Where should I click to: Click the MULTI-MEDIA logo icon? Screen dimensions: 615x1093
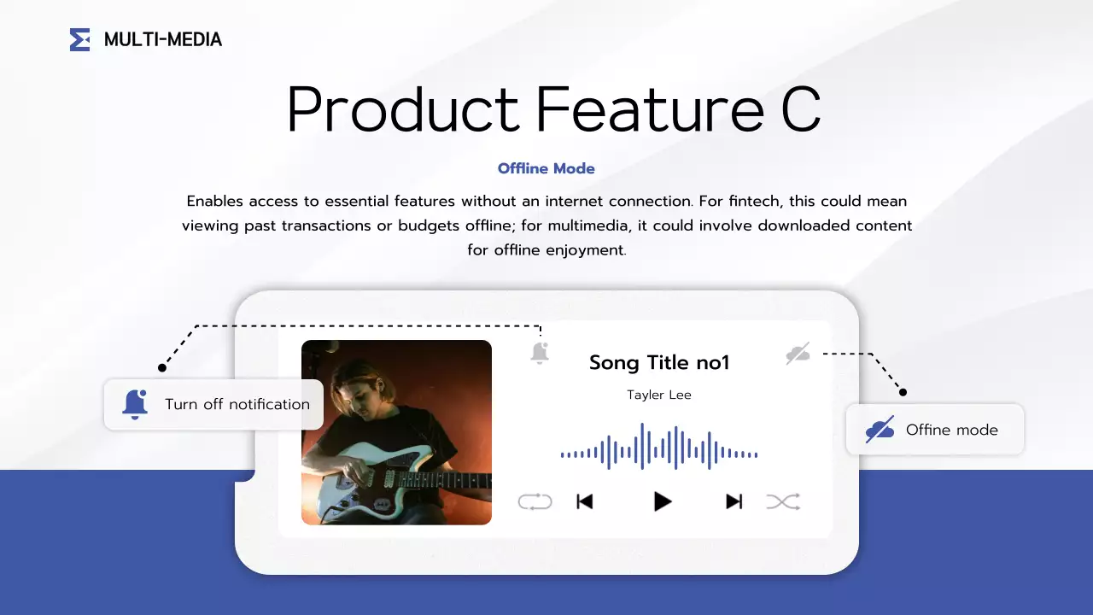[79, 39]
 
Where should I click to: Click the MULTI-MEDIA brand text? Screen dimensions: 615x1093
[162, 39]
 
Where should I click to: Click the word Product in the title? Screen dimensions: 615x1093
[402, 109]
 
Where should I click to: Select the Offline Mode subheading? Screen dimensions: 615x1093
[546, 168]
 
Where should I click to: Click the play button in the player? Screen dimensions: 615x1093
[662, 501]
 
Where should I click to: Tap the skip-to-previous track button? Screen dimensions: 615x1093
[585, 501]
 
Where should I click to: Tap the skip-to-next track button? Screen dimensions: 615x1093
[734, 501]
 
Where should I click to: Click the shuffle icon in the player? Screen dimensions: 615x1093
[783, 501]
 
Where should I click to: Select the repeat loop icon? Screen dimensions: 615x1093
[535, 501]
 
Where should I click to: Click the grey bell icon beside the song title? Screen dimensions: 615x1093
[539, 353]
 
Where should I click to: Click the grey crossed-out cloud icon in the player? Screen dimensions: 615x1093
[798, 354]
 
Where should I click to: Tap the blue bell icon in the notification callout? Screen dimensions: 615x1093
[135, 404]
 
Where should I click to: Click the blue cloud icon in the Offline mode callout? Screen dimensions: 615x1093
[880, 430]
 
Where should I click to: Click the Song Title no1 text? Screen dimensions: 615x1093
[659, 363]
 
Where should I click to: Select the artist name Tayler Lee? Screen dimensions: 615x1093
[659, 395]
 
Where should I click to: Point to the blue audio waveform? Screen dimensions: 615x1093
[659, 447]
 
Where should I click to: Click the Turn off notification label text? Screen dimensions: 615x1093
[237, 404]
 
